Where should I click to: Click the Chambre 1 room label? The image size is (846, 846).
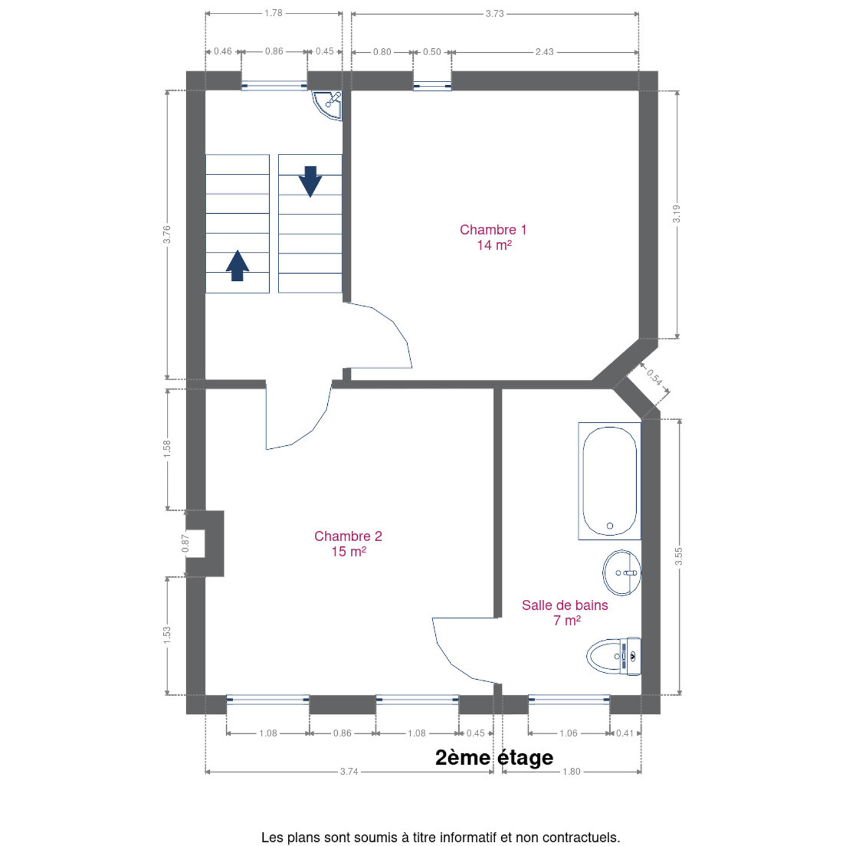tap(493, 237)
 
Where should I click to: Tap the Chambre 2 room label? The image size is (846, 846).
tap(348, 543)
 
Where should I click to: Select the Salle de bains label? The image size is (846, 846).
tap(565, 612)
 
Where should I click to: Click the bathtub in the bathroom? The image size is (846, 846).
tap(609, 481)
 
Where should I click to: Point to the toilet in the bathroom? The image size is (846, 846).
tap(614, 656)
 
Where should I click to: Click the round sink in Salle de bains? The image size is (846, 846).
tap(622, 572)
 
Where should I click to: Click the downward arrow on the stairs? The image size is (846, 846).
tap(310, 182)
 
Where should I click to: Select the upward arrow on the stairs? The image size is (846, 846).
tap(237, 265)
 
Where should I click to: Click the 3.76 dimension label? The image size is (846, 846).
tap(166, 234)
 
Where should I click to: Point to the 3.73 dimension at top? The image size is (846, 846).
tap(494, 14)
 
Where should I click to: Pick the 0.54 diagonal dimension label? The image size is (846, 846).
tap(654, 377)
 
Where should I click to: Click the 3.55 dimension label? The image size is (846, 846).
tap(679, 556)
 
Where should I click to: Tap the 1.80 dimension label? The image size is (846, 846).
tap(572, 771)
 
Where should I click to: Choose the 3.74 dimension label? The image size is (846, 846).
tap(349, 771)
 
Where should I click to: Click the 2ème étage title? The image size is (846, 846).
tap(494, 757)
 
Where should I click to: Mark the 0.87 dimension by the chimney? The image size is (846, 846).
tap(185, 543)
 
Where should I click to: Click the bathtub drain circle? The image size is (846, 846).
tap(610, 525)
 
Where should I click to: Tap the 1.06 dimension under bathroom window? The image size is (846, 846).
tap(569, 733)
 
